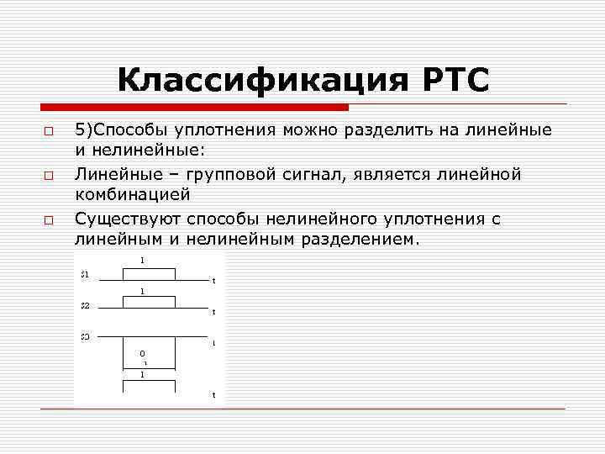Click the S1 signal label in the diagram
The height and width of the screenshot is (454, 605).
click(x=85, y=274)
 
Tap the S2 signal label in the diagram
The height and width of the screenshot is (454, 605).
click(x=85, y=305)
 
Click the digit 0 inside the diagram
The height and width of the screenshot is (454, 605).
click(x=142, y=353)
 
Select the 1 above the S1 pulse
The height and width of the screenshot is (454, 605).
click(x=142, y=261)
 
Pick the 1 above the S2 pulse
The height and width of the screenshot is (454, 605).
click(x=142, y=291)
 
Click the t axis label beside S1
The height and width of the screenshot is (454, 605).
click(x=213, y=281)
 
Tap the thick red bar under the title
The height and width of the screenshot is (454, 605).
click(x=193, y=108)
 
